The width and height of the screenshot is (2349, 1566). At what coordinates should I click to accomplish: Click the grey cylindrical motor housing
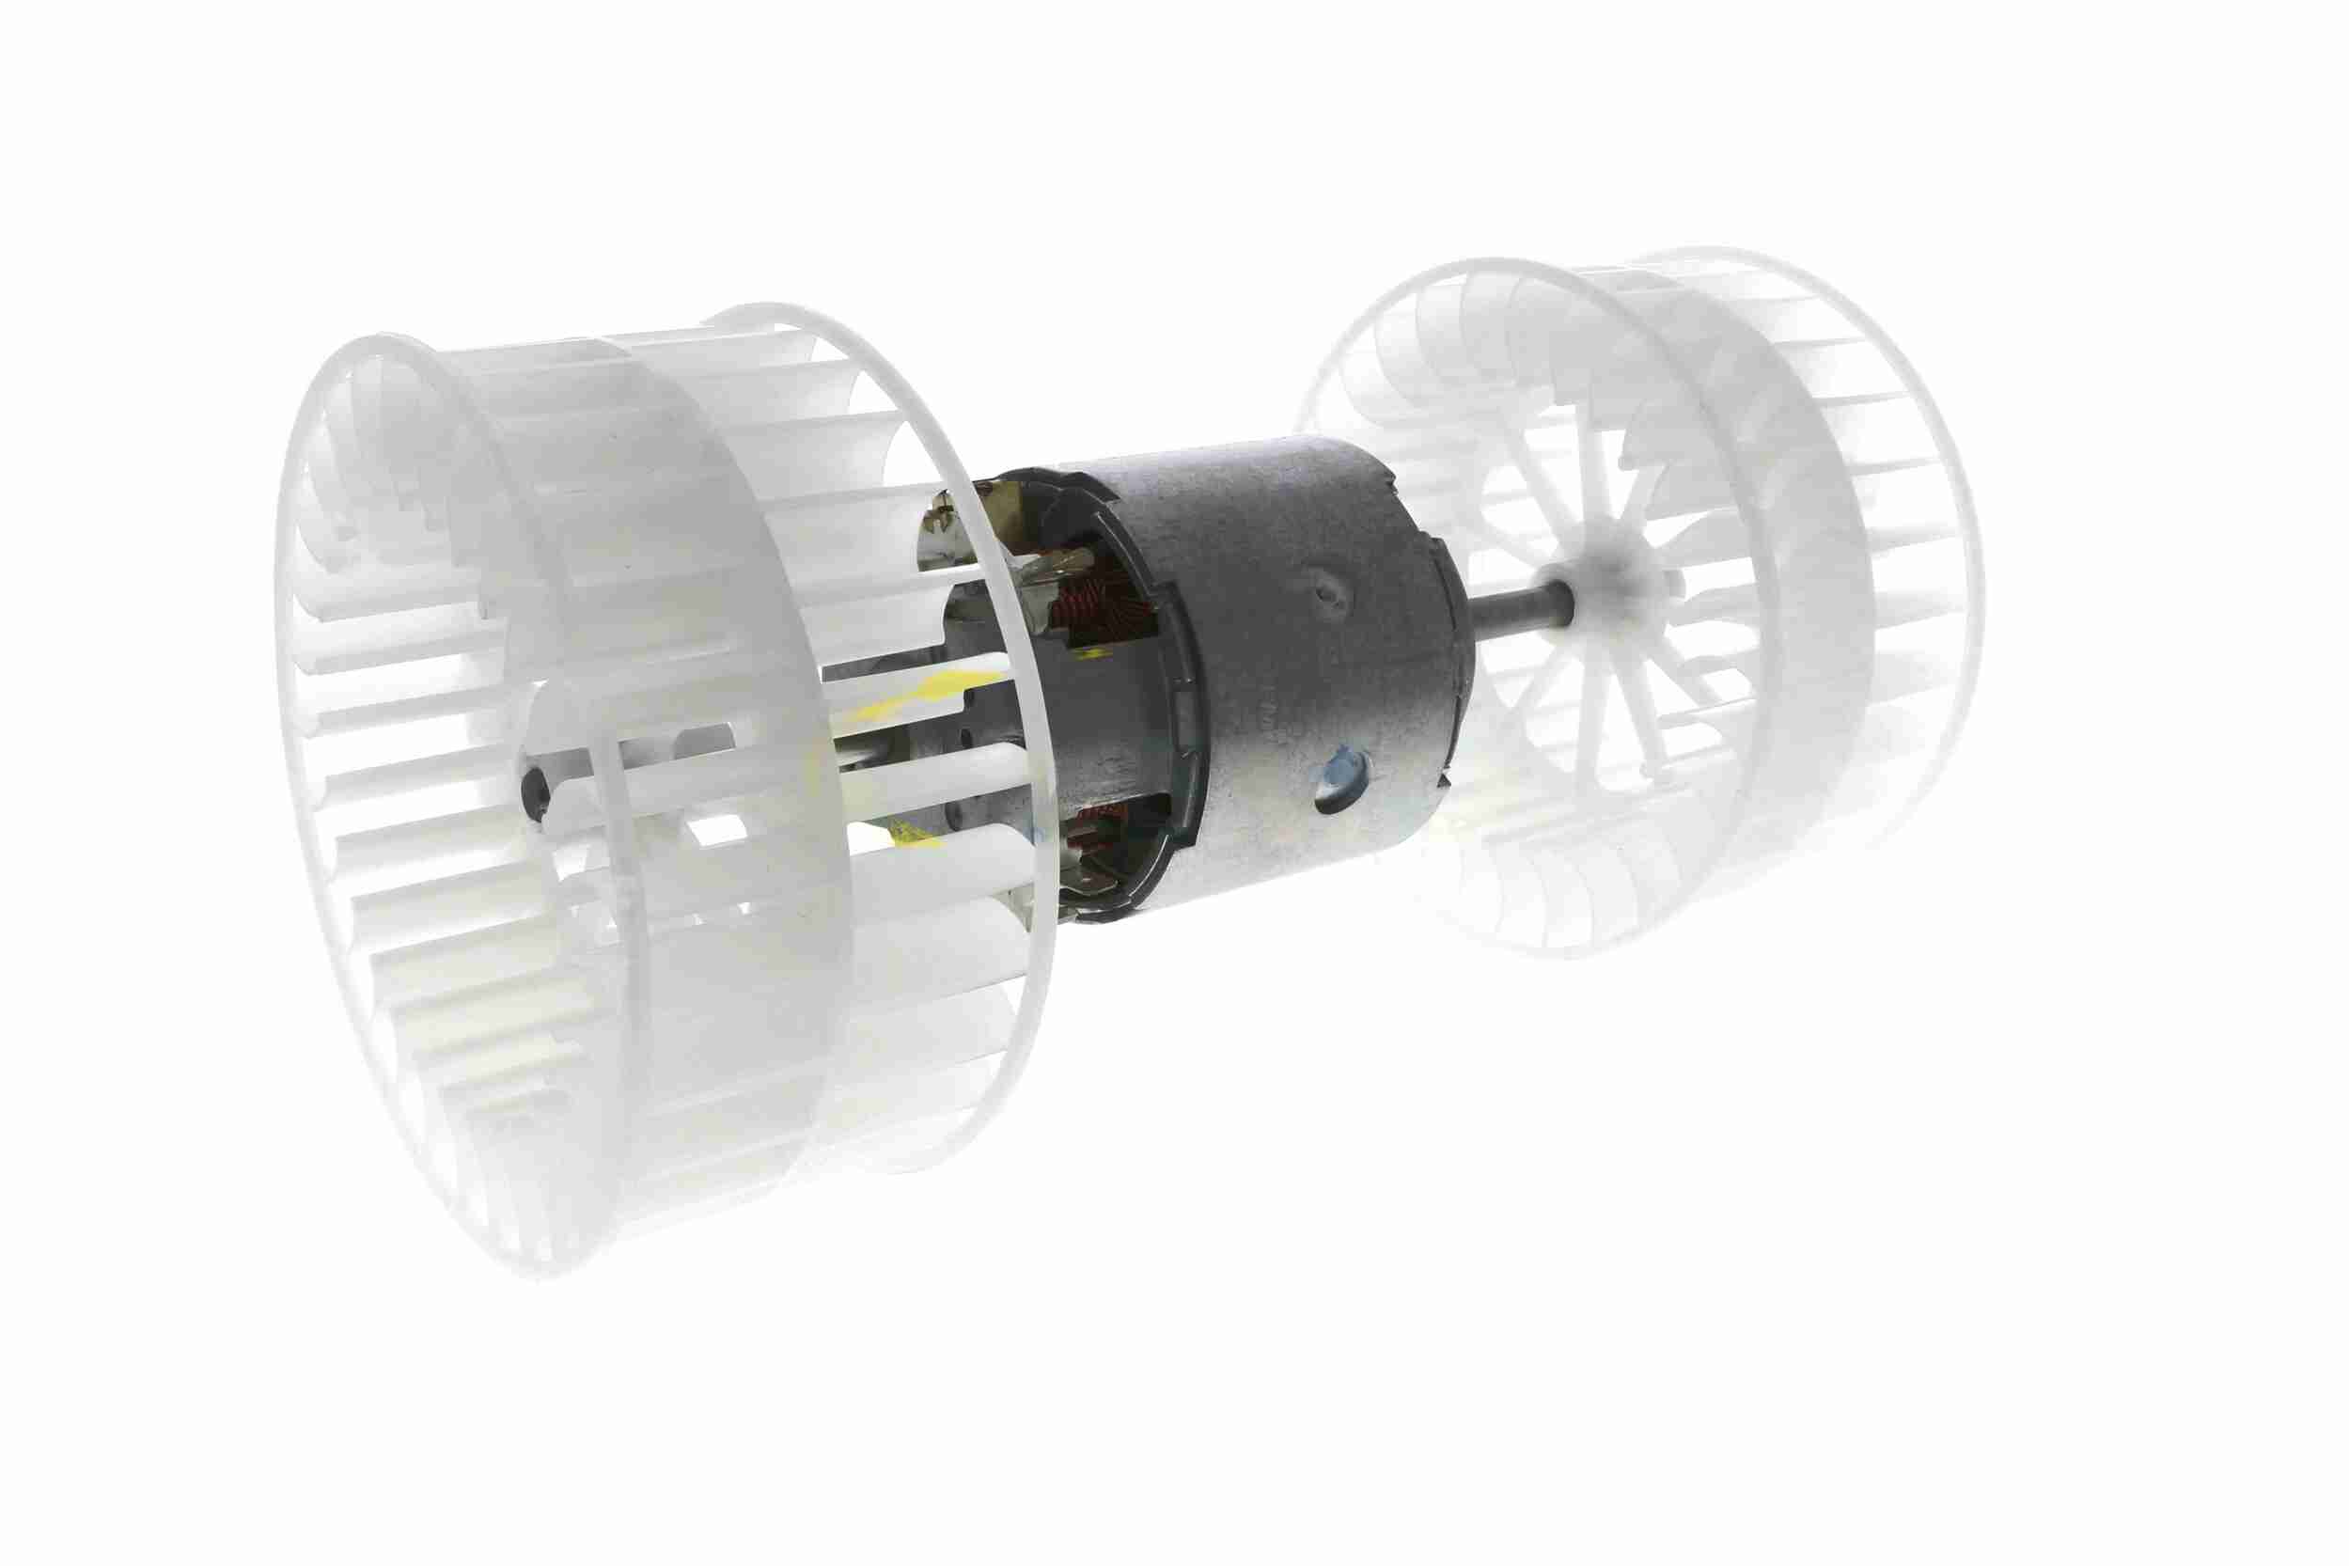point(1298,679)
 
